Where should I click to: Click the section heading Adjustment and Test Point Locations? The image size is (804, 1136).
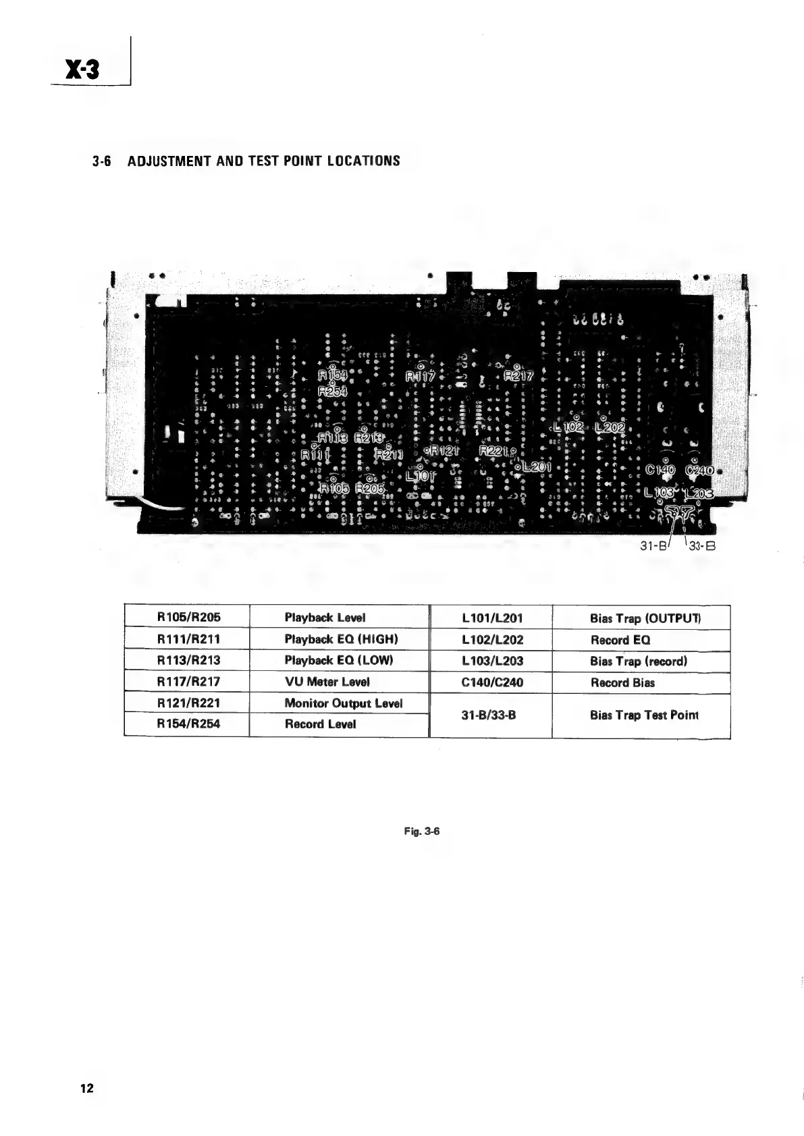(x=246, y=161)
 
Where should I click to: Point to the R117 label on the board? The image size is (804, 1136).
(x=420, y=377)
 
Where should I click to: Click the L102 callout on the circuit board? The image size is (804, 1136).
(x=568, y=427)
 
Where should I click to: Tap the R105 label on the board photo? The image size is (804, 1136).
(x=333, y=488)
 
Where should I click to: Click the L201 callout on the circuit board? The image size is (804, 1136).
(x=536, y=466)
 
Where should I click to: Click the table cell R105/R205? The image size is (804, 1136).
(x=188, y=617)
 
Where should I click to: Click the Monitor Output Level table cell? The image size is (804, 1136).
(x=343, y=703)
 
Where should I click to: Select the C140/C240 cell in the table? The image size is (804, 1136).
(x=491, y=682)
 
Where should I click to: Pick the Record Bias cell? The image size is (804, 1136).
(x=622, y=682)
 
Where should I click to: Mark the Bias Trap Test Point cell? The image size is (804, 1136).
(x=643, y=715)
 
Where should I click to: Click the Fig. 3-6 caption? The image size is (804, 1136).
(x=422, y=831)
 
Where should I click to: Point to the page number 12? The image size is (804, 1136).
(x=86, y=1087)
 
